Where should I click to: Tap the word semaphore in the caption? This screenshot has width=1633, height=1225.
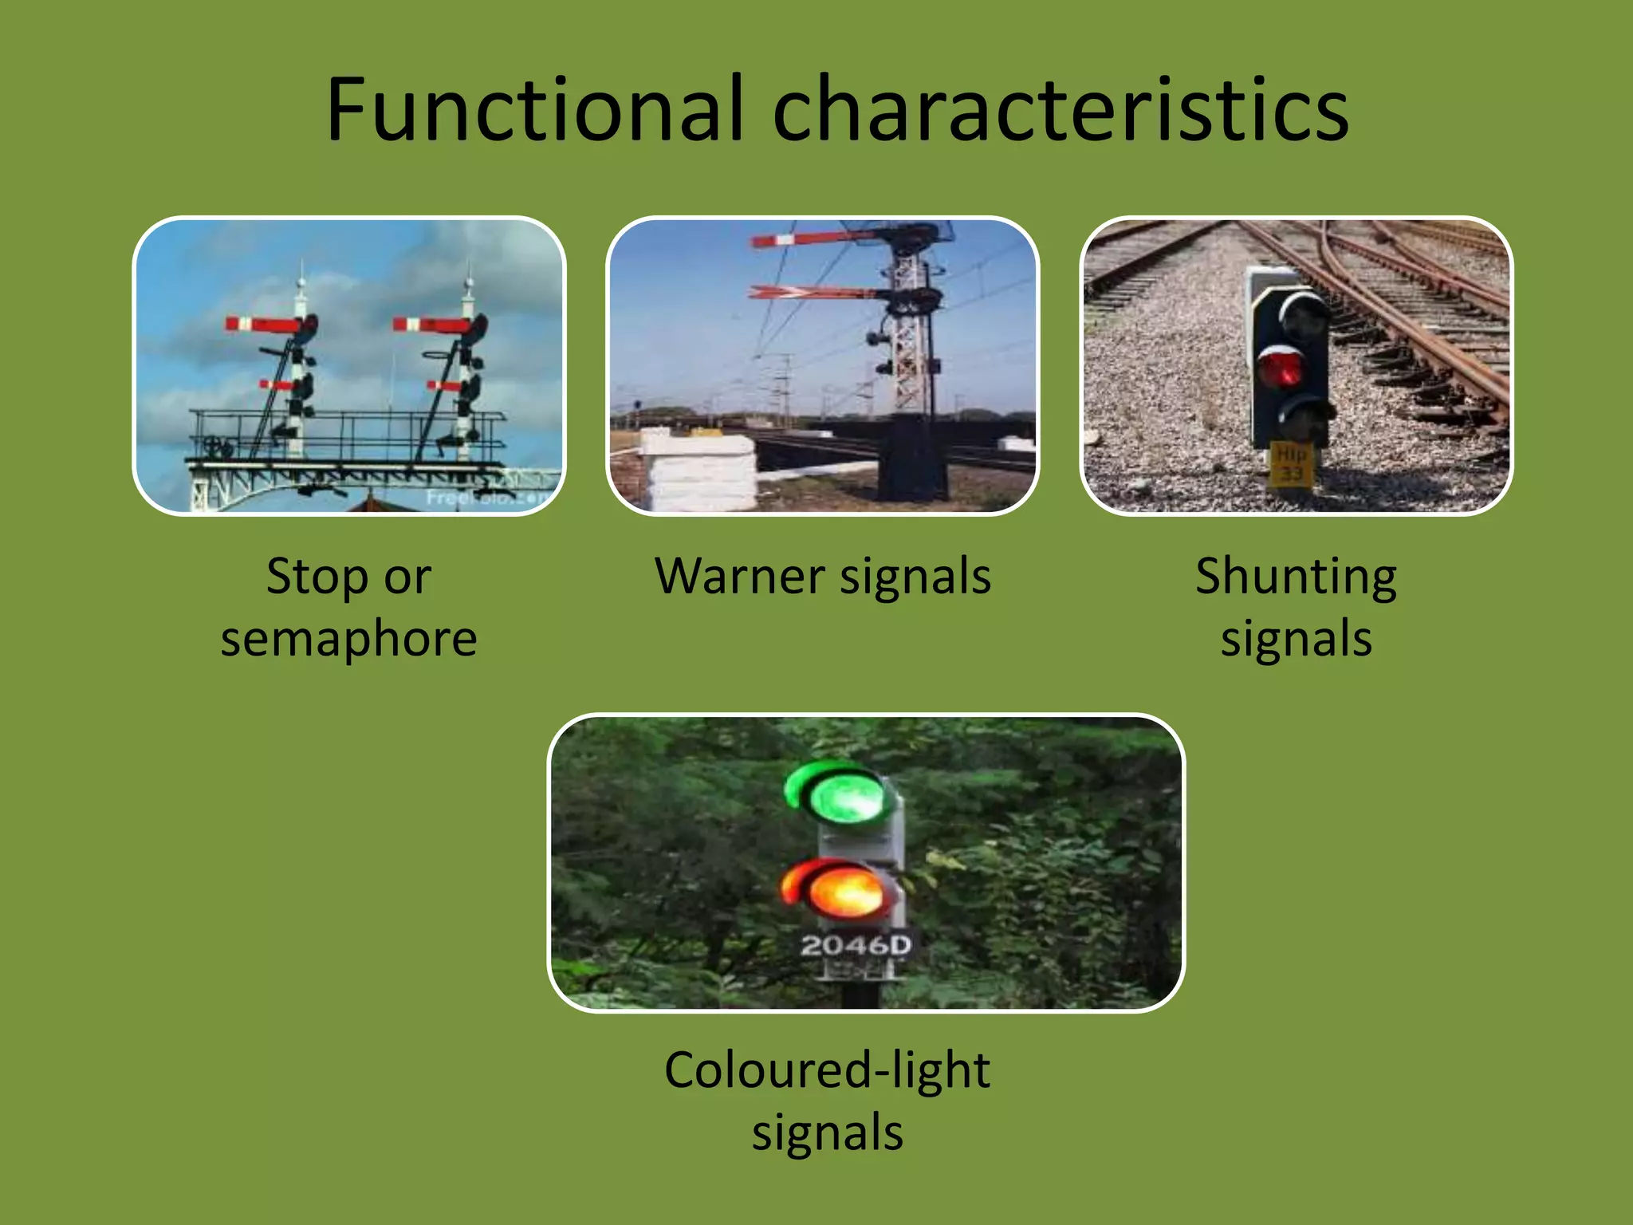[348, 640]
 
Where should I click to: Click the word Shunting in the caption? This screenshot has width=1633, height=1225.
[1296, 577]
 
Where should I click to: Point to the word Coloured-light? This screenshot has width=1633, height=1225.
[827, 1070]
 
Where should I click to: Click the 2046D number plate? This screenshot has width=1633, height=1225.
[856, 946]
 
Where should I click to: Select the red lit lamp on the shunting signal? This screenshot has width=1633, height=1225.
[1281, 368]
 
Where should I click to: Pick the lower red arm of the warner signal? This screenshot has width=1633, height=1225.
[813, 293]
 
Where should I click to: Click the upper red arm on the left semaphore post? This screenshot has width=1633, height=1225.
[263, 324]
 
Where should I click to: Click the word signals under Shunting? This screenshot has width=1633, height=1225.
[1297, 640]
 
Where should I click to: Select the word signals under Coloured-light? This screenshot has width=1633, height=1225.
[827, 1132]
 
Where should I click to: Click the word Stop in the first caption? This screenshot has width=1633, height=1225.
[308, 577]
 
